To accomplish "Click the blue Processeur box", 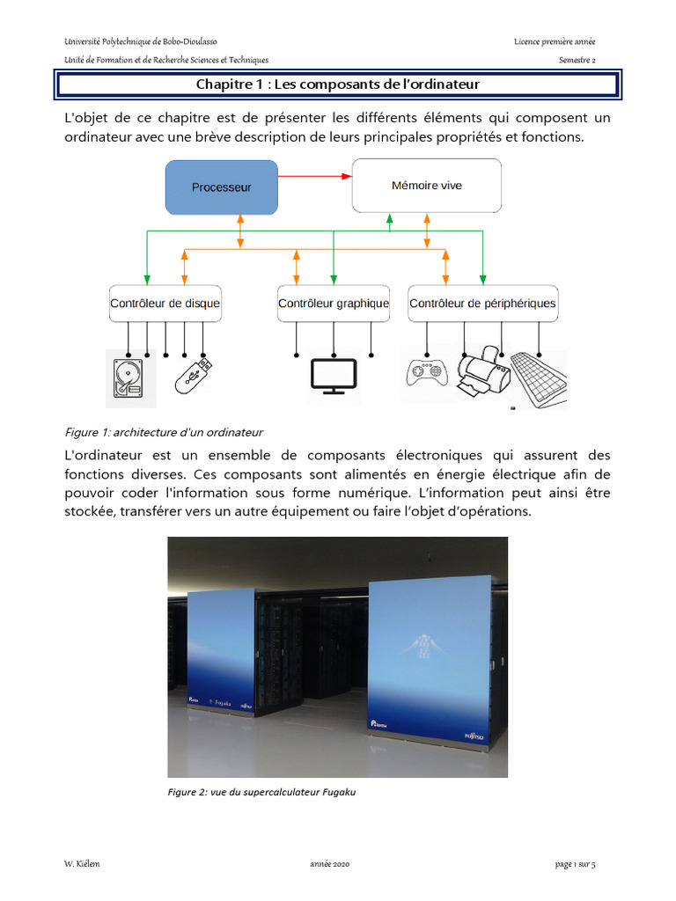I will coord(222,187).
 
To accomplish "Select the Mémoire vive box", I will coord(426,186).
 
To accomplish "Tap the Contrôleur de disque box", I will coord(165,304).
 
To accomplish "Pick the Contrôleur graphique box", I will coord(334,304).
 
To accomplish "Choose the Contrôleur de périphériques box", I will coord(482,304).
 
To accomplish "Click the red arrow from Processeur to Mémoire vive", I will coord(315,176).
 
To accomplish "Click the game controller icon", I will coord(426,373).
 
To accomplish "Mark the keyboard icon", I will coord(538,378).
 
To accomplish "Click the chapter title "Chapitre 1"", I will coord(338,85).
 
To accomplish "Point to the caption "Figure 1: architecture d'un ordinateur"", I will coord(165,432).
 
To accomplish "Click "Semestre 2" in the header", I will coord(577,60).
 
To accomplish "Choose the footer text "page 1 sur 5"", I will coord(576,865).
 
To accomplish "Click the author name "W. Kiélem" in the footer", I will coord(84,865).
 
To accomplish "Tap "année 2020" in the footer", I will coord(330,865).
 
